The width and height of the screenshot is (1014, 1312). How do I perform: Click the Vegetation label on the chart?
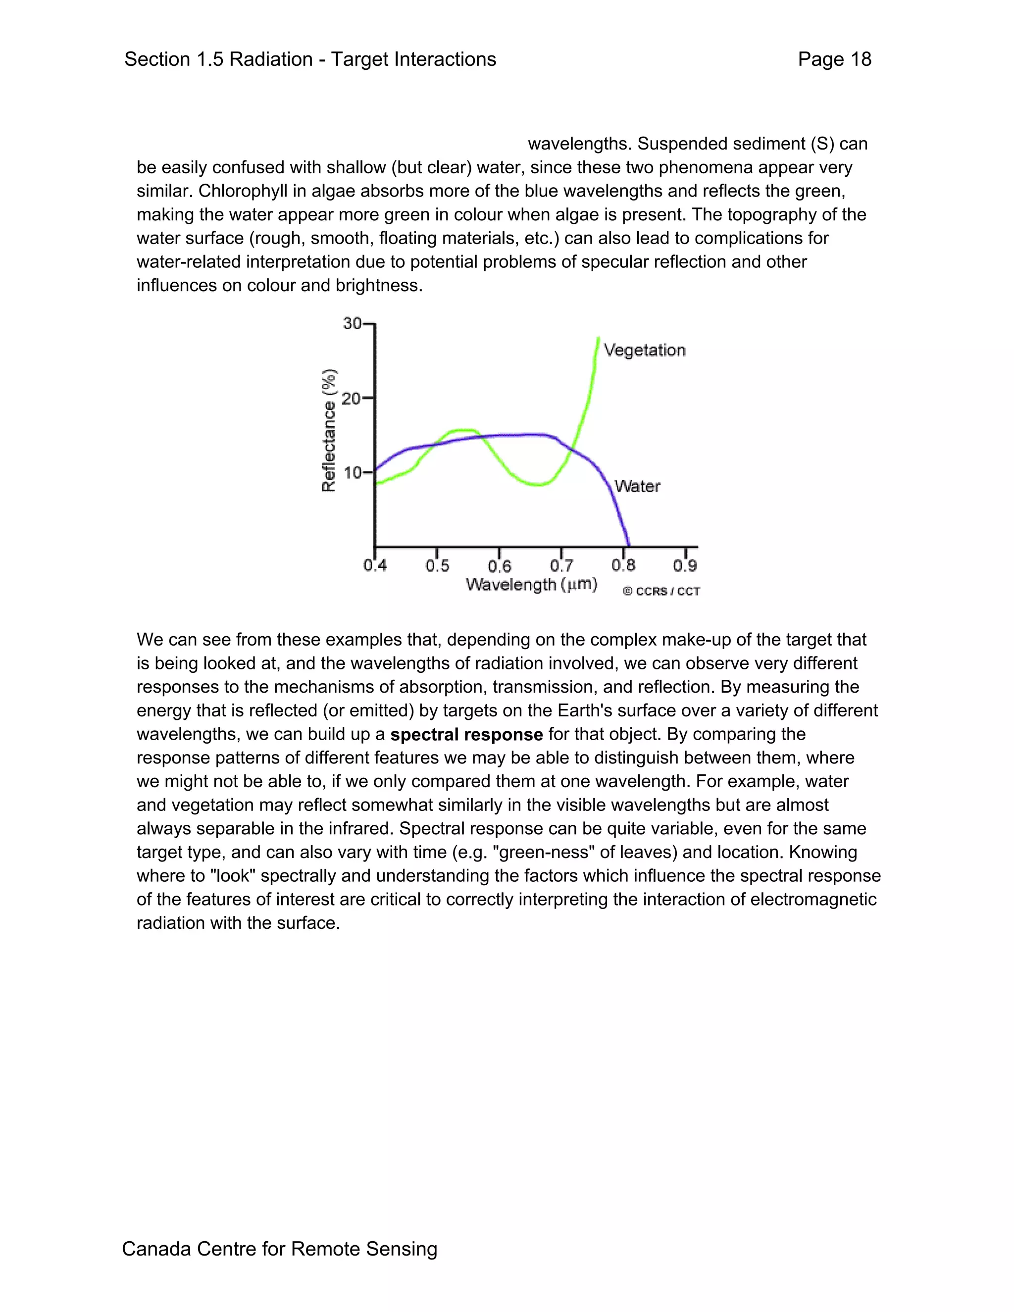[x=644, y=350]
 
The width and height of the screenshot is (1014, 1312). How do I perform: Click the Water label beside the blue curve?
[x=637, y=486]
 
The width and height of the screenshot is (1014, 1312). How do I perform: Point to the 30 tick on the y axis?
[x=353, y=324]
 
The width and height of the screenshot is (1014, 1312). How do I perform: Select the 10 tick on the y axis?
[x=353, y=473]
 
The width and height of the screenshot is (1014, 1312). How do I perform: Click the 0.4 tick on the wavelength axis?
[x=375, y=566]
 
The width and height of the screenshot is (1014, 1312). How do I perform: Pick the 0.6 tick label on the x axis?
[x=499, y=566]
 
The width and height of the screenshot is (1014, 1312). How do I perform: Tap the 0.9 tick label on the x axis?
[x=685, y=566]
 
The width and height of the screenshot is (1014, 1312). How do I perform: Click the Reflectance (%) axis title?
[x=329, y=430]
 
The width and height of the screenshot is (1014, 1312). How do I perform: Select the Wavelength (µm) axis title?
[x=531, y=585]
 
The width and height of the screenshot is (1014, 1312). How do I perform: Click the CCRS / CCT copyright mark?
[x=661, y=591]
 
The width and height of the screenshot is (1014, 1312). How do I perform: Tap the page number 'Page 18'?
[x=834, y=59]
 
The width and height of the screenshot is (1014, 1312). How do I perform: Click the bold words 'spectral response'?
[x=466, y=735]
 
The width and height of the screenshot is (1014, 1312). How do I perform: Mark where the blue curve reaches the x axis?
[x=628, y=545]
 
